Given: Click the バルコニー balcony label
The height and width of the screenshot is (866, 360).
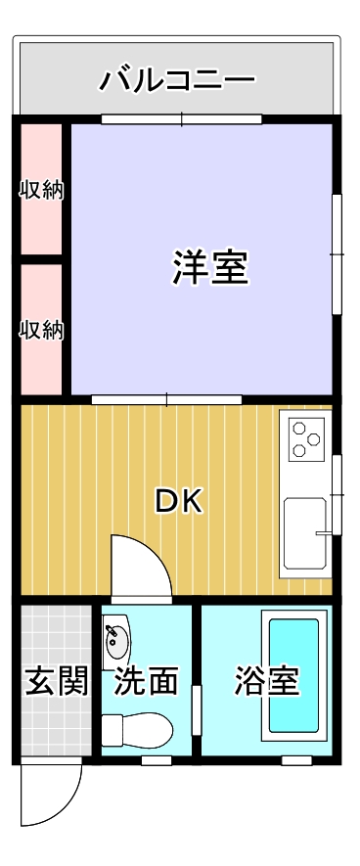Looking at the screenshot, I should click(177, 79).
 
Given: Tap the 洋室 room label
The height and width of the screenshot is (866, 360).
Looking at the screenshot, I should click(210, 267).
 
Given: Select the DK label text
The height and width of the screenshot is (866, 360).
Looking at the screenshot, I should click(178, 501).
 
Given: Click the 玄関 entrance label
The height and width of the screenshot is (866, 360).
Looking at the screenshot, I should click(44, 681).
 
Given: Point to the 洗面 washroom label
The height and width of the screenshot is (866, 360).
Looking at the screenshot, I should click(147, 681).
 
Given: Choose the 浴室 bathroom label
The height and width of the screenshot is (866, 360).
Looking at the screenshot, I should click(265, 681).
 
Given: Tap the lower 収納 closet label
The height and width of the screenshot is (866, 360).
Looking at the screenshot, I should click(42, 331).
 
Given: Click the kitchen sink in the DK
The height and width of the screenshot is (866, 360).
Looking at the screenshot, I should click(307, 534).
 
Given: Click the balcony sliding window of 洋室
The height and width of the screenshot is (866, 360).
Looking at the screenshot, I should click(182, 120).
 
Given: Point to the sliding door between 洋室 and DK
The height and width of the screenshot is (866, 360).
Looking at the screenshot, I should click(166, 399).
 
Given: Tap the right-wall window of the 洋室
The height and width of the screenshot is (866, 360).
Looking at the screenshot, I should click(337, 254).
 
